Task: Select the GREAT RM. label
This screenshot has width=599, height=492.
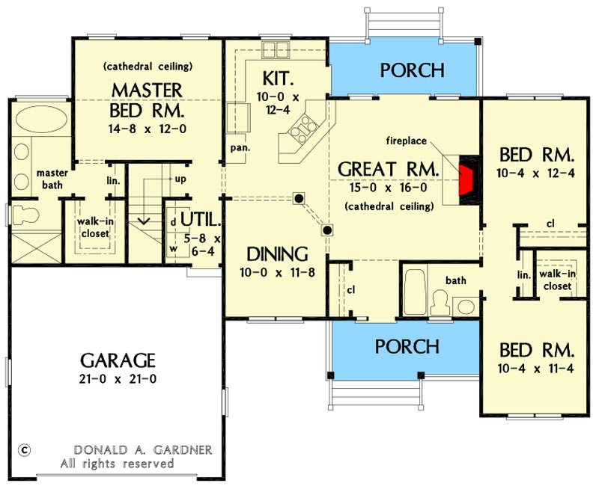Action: (387, 169)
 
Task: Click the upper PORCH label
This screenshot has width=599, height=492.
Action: (412, 70)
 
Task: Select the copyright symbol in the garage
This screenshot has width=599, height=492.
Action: (25, 449)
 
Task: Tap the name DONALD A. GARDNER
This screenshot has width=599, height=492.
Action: (143, 450)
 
